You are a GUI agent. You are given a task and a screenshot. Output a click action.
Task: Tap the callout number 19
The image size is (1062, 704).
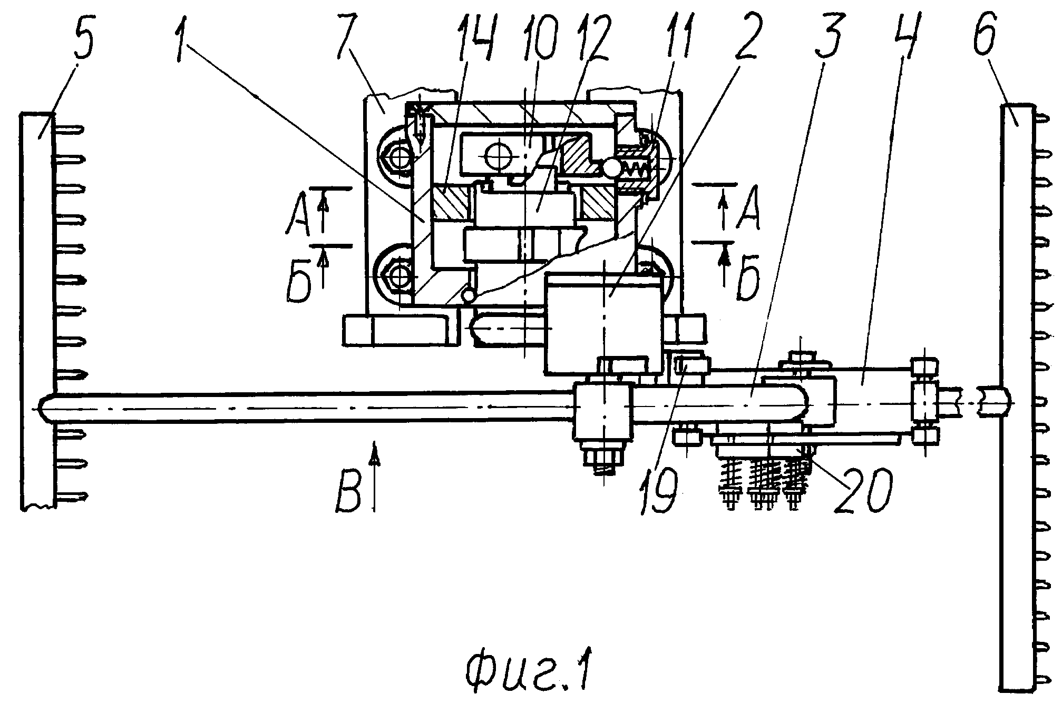pyautogui.click(x=659, y=490)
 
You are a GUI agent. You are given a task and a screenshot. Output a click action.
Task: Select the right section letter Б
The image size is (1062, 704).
pyautogui.click(x=748, y=279)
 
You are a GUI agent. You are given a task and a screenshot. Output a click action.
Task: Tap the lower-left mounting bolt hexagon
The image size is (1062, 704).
pyautogui.click(x=398, y=277)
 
